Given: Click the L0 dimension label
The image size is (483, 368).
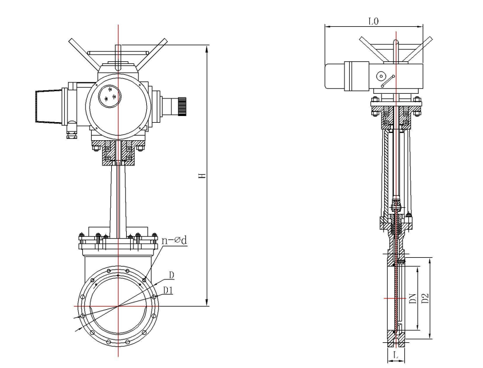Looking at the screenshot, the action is click(x=373, y=21).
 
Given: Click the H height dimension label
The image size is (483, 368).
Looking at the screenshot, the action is click(x=202, y=176).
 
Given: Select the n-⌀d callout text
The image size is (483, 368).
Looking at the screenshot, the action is click(x=175, y=240).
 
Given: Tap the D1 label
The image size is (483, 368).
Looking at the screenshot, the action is click(x=168, y=290).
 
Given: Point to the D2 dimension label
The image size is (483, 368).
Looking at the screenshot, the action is click(x=425, y=298).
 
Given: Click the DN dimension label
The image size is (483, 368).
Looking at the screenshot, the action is click(x=413, y=298).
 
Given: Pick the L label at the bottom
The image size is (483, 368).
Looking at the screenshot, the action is click(x=396, y=355).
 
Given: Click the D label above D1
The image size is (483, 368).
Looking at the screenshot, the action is click(x=171, y=275).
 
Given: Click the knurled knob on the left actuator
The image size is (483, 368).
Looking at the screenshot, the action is click(x=182, y=107).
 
